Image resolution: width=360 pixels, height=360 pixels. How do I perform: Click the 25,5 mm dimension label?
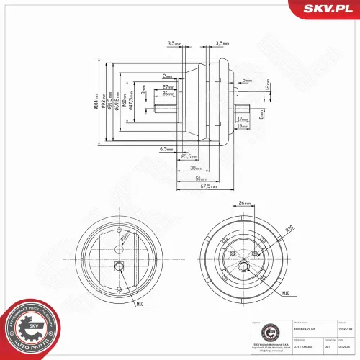(189, 156)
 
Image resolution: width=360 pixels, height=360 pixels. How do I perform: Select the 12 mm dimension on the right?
(267, 85)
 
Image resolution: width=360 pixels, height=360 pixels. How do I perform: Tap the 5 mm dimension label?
(247, 81)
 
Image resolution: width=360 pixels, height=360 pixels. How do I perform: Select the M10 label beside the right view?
(285, 294)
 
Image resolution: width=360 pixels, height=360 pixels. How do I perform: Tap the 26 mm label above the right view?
(244, 204)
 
